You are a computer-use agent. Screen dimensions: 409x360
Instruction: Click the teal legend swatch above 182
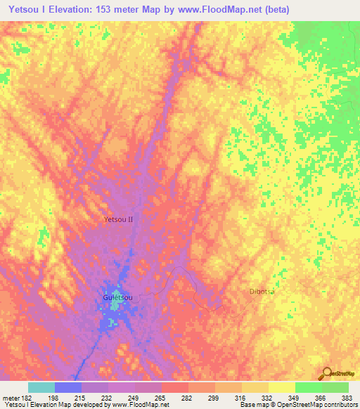(41, 387)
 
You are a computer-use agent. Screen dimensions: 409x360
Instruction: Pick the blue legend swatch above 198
(68, 387)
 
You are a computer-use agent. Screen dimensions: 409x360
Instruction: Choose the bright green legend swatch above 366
(309, 387)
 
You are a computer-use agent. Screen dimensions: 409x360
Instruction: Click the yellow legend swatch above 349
(282, 387)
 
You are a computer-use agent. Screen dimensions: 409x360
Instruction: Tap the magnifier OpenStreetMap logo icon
(327, 372)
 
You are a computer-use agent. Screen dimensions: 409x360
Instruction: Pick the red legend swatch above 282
(175, 387)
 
